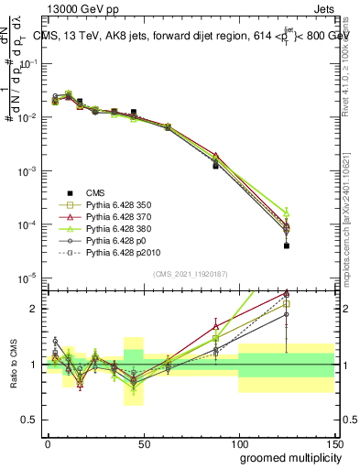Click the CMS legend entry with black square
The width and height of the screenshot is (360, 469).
pos(95,192)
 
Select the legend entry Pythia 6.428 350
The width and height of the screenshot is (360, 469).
pos(118,207)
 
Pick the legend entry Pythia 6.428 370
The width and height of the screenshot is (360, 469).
pos(118,221)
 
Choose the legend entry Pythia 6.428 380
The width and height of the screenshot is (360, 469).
pos(118,234)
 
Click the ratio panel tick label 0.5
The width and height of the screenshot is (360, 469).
pos(30,420)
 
